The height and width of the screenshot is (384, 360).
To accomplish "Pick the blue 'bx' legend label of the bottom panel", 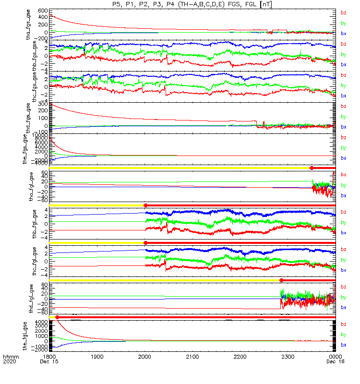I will point(343,345).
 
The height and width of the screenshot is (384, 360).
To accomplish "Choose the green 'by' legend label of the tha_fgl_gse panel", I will point(343,185).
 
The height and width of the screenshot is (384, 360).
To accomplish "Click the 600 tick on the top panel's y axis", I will point(42,11).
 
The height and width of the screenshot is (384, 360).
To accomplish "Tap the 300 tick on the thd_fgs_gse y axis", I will point(42,104).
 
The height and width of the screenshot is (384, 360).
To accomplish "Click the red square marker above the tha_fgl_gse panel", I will point(312,168).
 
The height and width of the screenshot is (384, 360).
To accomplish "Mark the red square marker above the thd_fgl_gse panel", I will point(281,280).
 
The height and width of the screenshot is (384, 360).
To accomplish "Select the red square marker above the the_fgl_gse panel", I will point(57,317).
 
